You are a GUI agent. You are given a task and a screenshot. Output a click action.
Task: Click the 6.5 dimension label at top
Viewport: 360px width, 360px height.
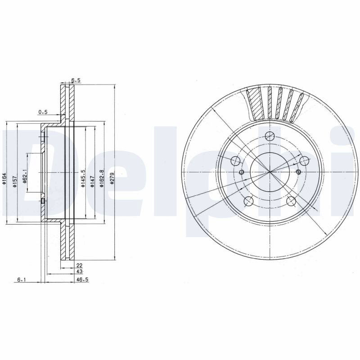click(x=76, y=80)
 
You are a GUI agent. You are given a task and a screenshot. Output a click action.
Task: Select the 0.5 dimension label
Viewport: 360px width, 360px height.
click(x=43, y=112)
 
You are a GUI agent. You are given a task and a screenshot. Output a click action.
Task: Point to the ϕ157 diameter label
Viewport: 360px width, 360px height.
click(x=15, y=182)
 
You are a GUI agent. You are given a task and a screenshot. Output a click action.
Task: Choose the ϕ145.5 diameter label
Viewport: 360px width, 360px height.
click(x=83, y=178)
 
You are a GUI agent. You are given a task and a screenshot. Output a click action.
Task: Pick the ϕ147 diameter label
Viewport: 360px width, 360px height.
click(x=93, y=182)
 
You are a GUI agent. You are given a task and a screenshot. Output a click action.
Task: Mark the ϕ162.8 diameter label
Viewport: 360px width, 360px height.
click(x=102, y=178)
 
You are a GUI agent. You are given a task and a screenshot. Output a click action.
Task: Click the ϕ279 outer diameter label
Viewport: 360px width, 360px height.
click(x=112, y=179)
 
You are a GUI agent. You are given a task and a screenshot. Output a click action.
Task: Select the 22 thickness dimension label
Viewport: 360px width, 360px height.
click(x=79, y=265)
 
